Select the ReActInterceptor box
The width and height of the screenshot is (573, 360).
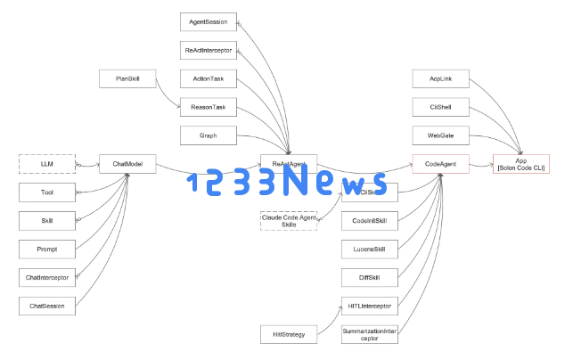(x=209, y=50)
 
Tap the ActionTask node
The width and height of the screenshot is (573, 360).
(x=209, y=79)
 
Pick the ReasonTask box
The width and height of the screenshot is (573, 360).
(x=209, y=108)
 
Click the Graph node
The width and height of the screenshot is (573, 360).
(x=209, y=136)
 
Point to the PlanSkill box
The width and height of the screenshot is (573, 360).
(x=128, y=79)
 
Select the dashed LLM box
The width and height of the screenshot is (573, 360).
(x=47, y=164)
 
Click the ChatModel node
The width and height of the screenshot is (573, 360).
(x=128, y=164)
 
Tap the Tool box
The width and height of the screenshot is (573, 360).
(x=47, y=192)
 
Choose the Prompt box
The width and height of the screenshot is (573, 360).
(x=47, y=249)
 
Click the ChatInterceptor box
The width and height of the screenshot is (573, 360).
(x=47, y=277)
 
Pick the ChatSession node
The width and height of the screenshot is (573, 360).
(x=47, y=306)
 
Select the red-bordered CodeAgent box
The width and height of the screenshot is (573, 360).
(x=440, y=164)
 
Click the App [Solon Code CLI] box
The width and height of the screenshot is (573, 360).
(x=521, y=164)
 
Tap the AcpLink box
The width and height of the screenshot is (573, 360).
(x=440, y=79)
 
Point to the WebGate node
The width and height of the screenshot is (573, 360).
(x=440, y=136)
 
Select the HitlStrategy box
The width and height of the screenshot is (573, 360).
(x=289, y=334)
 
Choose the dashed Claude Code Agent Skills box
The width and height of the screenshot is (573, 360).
(x=289, y=220)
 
